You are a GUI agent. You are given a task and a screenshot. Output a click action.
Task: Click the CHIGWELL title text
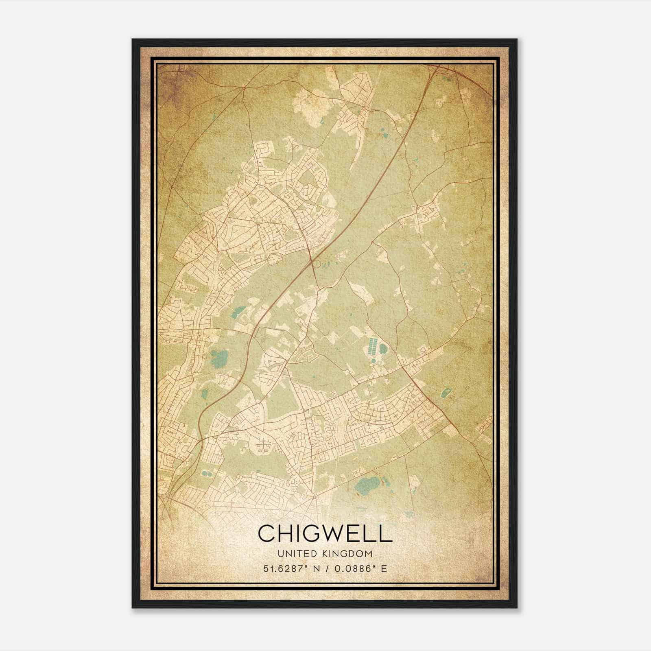point(325,533)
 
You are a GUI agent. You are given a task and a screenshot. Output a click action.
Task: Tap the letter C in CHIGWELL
point(267,533)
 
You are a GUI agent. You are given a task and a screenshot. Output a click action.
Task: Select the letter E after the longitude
point(384,568)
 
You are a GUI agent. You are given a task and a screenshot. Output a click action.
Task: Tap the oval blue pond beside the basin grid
point(383,349)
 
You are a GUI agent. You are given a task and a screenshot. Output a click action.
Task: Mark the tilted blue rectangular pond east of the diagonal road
point(445,393)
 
